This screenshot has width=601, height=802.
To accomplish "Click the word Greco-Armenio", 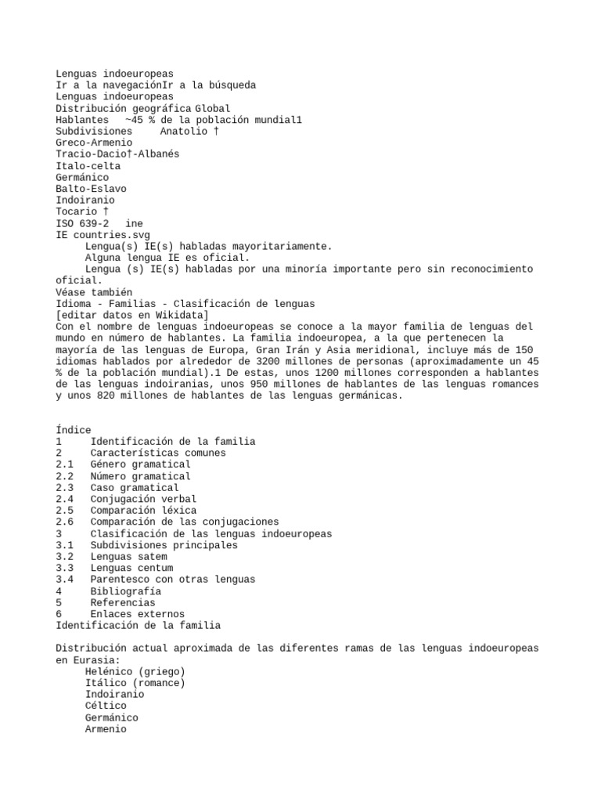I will click(x=94, y=143).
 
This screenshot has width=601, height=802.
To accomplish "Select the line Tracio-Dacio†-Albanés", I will click(x=117, y=154).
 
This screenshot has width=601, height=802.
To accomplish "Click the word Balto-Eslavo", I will click(x=91, y=189).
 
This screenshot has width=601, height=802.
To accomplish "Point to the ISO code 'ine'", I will click(x=135, y=223).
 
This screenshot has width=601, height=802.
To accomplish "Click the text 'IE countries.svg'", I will click(x=103, y=235).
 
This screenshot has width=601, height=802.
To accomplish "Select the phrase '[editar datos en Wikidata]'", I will click(x=132, y=315).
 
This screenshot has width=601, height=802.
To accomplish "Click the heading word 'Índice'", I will click(x=74, y=430).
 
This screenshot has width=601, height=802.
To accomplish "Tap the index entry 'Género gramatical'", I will click(x=140, y=464).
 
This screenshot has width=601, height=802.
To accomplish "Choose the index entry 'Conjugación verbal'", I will click(x=143, y=499).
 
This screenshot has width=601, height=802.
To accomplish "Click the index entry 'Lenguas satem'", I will click(x=128, y=557).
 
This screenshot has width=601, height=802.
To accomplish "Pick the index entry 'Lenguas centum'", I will click(x=131, y=568).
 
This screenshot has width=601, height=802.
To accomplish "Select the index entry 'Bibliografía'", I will click(x=126, y=591).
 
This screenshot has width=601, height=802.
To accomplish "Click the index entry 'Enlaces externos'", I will click(x=137, y=614).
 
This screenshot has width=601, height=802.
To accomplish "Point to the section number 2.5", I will click(x=65, y=511).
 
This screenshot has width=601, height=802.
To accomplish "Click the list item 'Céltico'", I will click(x=106, y=706).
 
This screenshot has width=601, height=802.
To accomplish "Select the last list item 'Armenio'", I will click(x=106, y=729).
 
